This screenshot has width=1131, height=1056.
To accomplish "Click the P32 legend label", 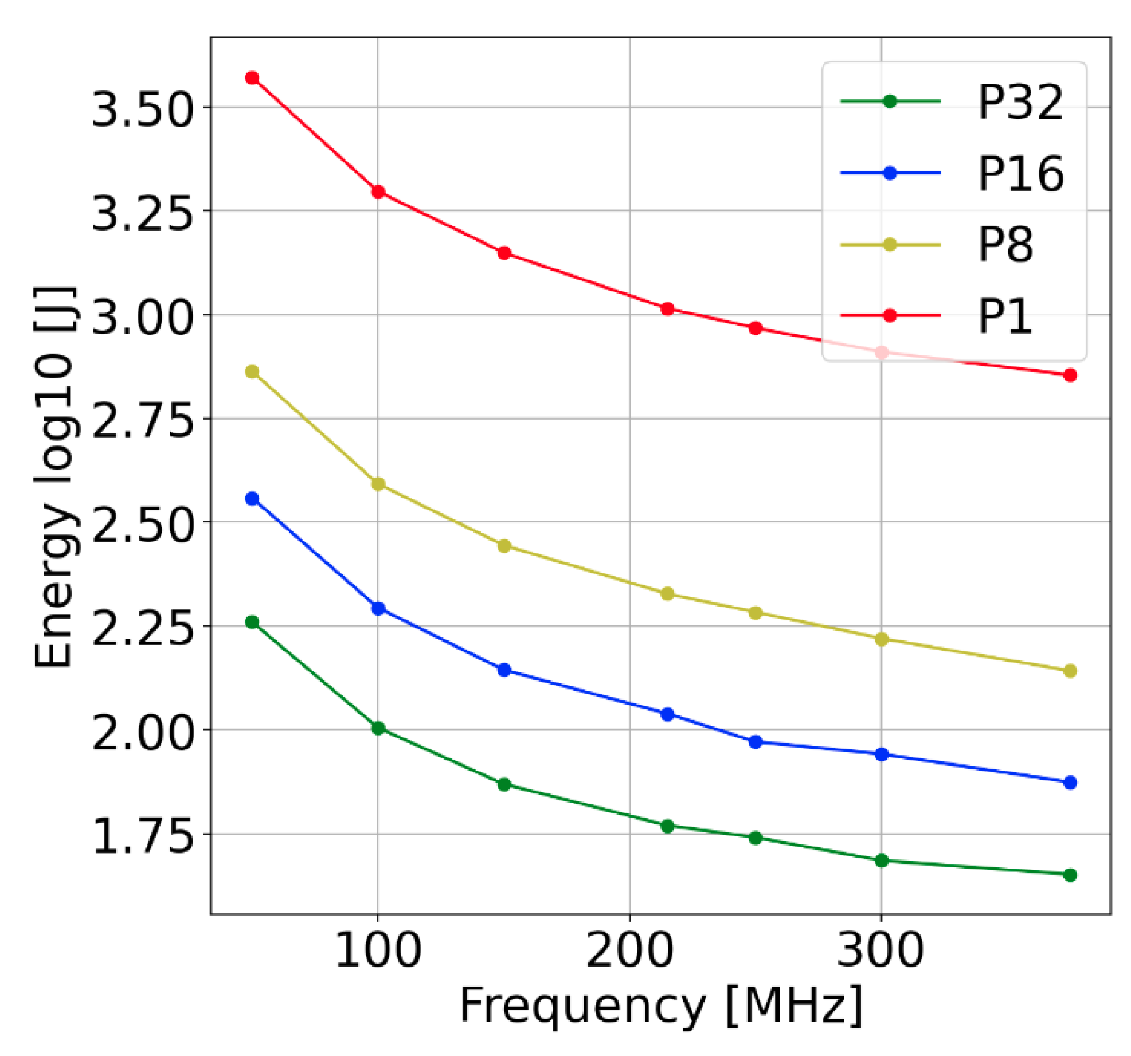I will (1020, 102).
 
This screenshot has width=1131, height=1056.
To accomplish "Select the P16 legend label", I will (1020, 173).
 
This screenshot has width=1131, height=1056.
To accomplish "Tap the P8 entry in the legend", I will (1005, 245).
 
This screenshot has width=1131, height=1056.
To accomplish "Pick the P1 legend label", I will (1004, 316).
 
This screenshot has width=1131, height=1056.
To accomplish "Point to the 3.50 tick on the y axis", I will (141, 108).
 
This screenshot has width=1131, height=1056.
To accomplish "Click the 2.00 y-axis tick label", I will (141, 733).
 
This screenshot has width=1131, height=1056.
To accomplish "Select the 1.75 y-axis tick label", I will (141, 838).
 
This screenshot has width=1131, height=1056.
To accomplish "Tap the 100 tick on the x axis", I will (378, 951).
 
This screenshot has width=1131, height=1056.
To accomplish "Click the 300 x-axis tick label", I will (880, 951).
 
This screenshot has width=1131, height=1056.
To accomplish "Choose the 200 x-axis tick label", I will (630, 951).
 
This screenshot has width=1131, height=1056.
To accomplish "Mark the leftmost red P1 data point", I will (252, 77).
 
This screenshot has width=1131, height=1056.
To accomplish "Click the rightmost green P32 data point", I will (1070, 875).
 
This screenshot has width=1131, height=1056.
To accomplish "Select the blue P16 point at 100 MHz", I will (378, 608).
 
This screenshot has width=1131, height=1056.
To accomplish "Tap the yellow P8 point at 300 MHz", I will (882, 639).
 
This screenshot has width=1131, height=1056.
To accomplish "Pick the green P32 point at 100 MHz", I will (378, 729).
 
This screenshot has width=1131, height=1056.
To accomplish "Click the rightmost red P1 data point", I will (1070, 376).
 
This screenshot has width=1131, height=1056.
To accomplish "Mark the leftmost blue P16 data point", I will (252, 499).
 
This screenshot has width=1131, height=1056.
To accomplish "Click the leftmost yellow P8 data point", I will (252, 371).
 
